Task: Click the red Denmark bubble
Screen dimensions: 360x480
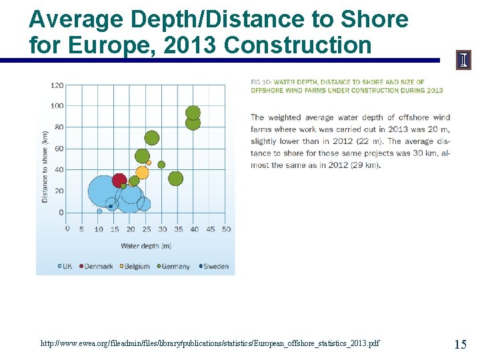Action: pyautogui.click(x=119, y=180)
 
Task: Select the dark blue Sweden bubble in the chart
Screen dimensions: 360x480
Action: pyautogui.click(x=111, y=206)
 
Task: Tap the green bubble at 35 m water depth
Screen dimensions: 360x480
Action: pyautogui.click(x=175, y=178)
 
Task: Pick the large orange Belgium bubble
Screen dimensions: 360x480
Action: pyautogui.click(x=142, y=173)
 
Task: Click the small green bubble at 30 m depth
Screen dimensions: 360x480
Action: pyautogui.click(x=161, y=165)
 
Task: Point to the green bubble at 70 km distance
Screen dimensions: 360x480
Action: pyautogui.click(x=152, y=138)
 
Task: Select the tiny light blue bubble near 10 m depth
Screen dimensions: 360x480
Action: pyautogui.click(x=99, y=211)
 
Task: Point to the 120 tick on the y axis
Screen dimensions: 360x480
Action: pyautogui.click(x=57, y=85)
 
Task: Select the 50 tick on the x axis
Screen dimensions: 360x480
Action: pyautogui.click(x=226, y=229)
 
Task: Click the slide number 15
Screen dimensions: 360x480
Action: pyautogui.click(x=460, y=344)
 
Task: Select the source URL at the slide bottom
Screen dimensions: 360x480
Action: pyautogui.click(x=210, y=343)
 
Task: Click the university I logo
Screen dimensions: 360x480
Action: pyautogui.click(x=463, y=61)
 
